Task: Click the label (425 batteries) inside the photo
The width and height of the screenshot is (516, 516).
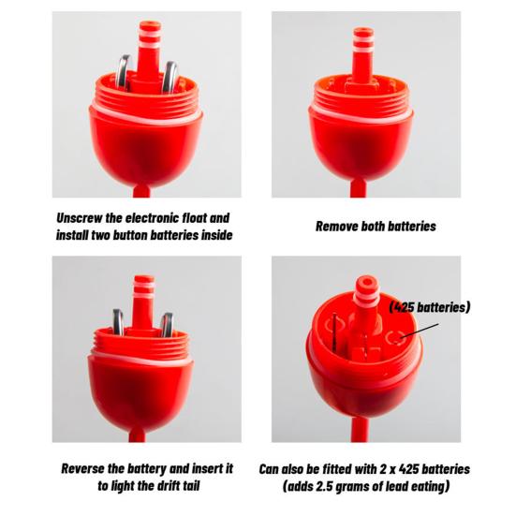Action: coord(430,307)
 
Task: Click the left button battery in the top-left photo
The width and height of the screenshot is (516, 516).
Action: coord(124,72)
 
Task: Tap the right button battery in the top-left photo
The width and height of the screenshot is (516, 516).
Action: coord(170,77)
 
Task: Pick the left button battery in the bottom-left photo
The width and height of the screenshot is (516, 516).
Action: coord(118,322)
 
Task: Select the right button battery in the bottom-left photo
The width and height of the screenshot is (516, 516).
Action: coord(168,325)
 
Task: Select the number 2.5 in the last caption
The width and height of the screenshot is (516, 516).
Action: coord(321,486)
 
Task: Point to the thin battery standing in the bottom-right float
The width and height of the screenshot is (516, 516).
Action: coord(334,332)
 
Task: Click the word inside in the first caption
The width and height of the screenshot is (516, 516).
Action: coord(216,235)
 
